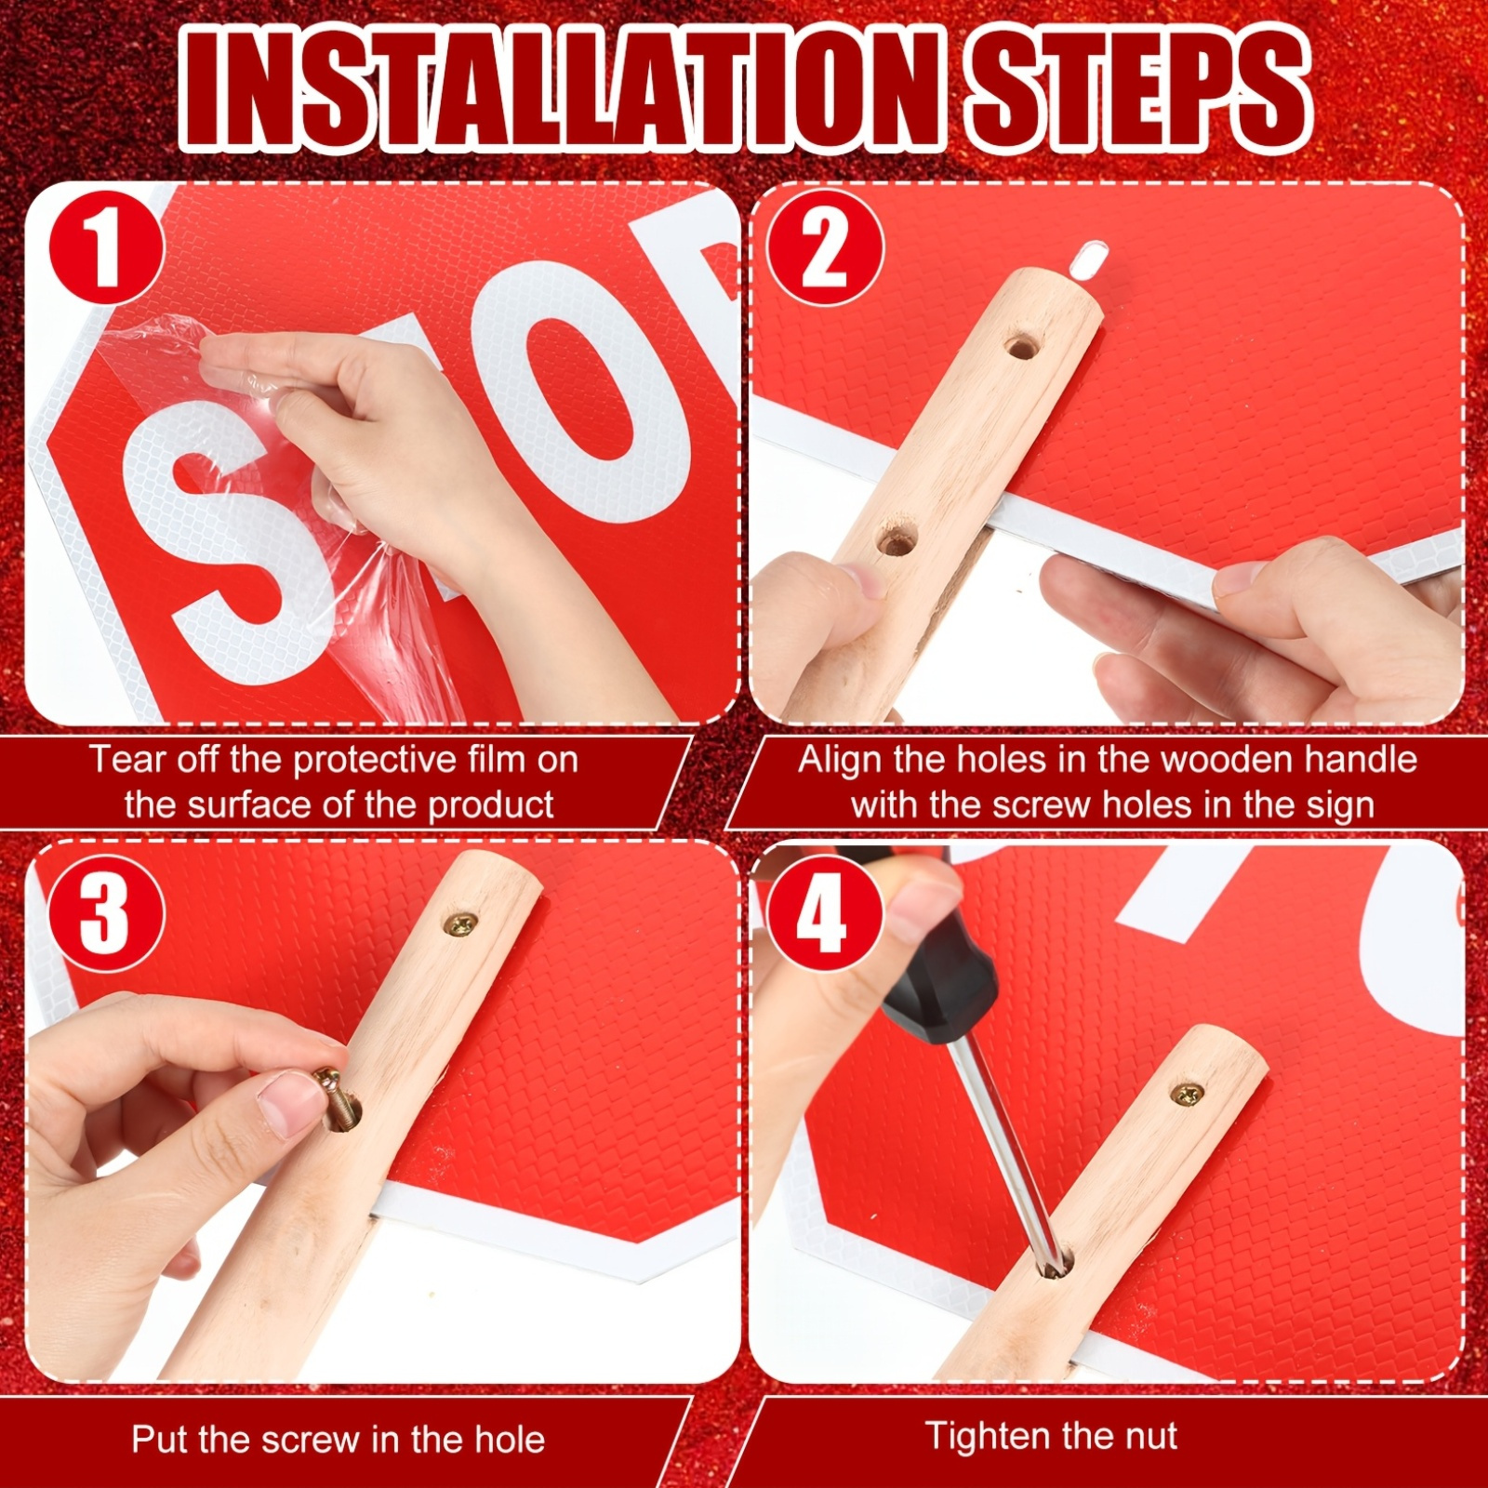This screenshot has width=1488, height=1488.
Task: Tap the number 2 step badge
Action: (825, 247)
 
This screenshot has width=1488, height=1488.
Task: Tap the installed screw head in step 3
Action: (461, 923)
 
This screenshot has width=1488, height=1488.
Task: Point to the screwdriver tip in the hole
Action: (1054, 1262)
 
